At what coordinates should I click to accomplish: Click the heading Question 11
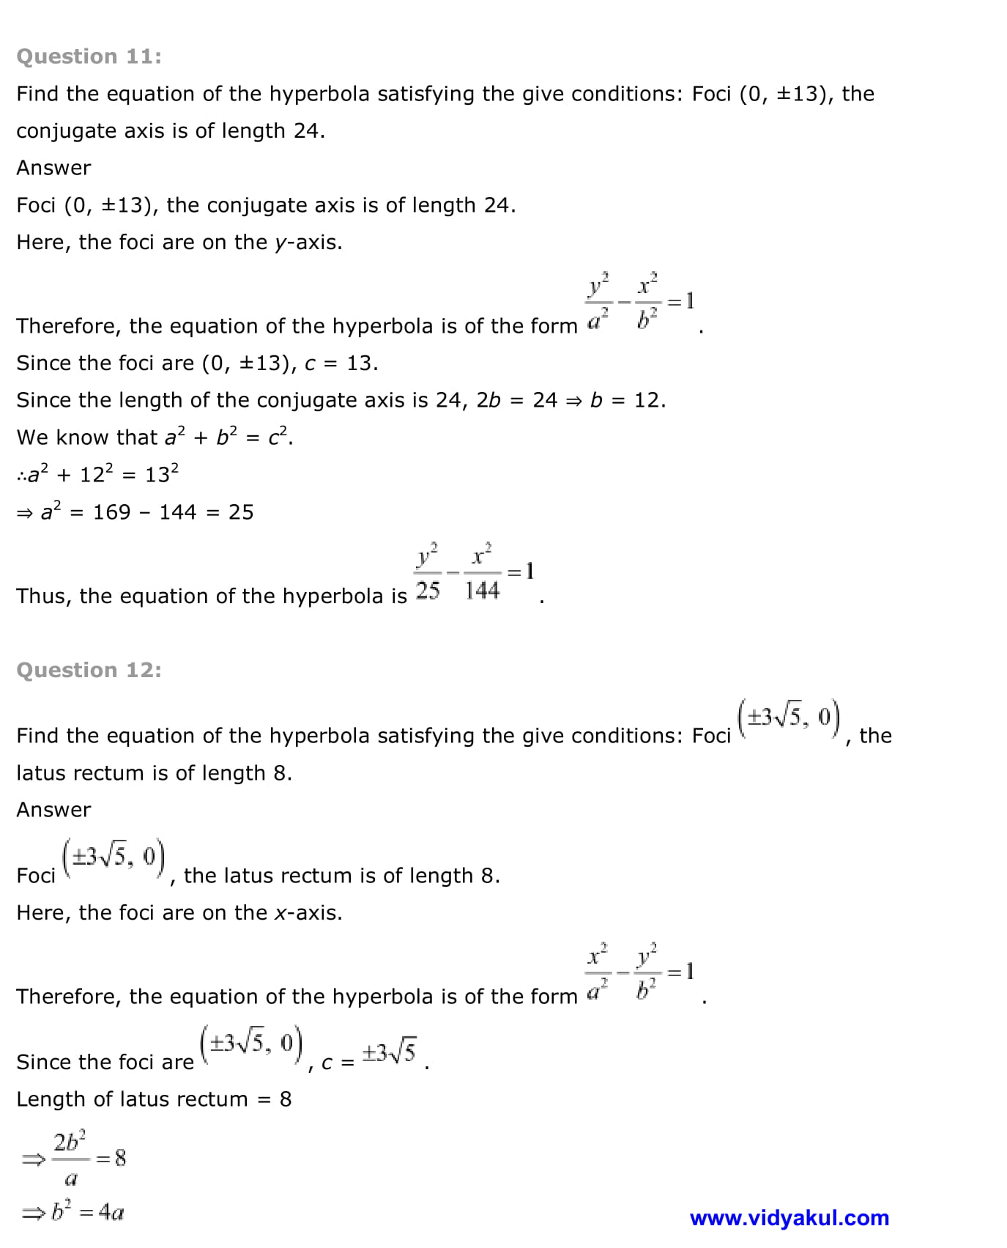pyautogui.click(x=89, y=56)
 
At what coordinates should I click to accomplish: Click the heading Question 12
pyautogui.click(x=89, y=670)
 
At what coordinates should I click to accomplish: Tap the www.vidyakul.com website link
pyautogui.click(x=789, y=1218)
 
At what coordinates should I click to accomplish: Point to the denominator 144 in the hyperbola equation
pyautogui.click(x=482, y=590)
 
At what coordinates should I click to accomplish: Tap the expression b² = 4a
pyautogui.click(x=74, y=1212)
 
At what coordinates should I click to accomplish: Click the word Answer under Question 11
pyautogui.click(x=53, y=168)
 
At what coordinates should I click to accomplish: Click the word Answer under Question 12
pyautogui.click(x=53, y=810)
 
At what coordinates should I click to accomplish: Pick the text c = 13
pyautogui.click(x=340, y=363)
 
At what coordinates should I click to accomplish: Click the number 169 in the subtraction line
pyautogui.click(x=111, y=512)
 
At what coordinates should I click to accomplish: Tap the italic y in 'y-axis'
pyautogui.click(x=280, y=243)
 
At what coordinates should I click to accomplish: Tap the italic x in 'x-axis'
pyautogui.click(x=279, y=913)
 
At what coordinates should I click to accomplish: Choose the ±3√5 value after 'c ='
pyautogui.click(x=389, y=1053)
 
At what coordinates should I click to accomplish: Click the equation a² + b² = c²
pyautogui.click(x=228, y=437)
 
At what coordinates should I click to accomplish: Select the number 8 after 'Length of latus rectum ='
pyautogui.click(x=286, y=1099)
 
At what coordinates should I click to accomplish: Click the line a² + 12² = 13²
pyautogui.click(x=98, y=475)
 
